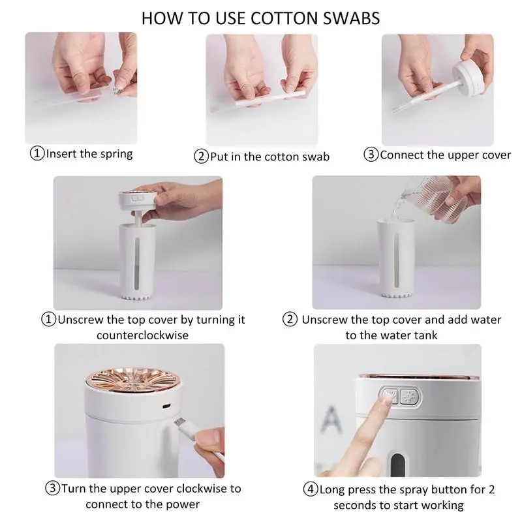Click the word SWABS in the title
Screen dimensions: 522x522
point(351,18)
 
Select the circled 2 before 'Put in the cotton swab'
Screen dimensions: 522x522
point(201,157)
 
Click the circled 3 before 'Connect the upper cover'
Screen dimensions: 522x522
point(371,155)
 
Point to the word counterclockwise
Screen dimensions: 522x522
point(142,335)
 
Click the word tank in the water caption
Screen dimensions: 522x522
point(425,335)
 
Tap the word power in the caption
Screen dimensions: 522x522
point(183,504)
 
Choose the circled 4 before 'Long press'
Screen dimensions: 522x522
point(311,489)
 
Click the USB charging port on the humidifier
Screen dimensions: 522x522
point(166,406)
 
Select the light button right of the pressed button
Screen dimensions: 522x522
point(408,397)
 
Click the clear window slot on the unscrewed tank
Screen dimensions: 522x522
point(137,263)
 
